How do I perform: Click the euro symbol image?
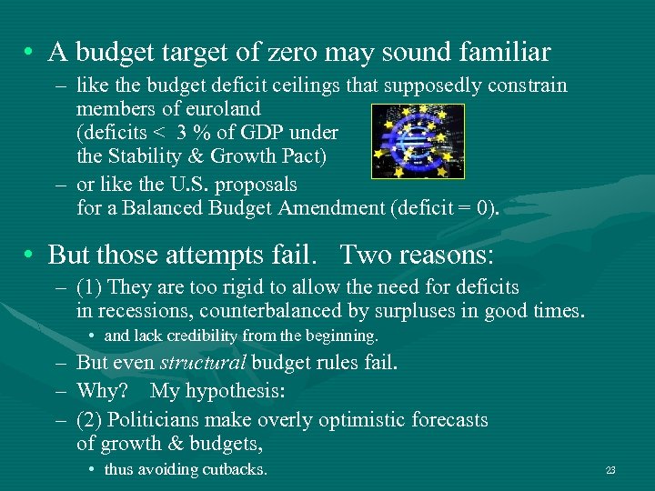coord(418,140)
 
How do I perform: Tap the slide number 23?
coord(610,470)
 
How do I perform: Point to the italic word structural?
coord(203,363)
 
